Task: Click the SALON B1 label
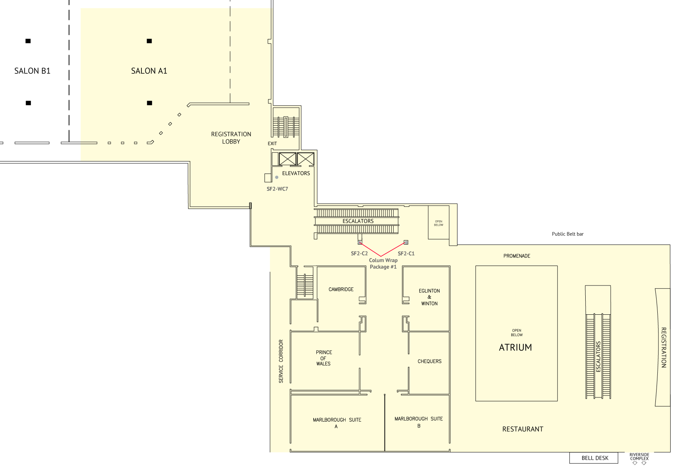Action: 32,71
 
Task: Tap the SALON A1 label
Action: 149,71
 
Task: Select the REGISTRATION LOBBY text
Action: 231,138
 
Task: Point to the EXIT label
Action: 272,144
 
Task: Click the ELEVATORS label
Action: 296,173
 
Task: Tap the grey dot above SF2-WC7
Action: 277,177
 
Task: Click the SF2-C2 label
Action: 359,253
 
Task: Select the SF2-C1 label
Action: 406,253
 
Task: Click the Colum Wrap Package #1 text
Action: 383,264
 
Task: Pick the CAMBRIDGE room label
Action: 341,289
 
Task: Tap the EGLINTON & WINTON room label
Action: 429,297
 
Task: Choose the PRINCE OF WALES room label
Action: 324,358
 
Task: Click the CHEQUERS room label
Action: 429,362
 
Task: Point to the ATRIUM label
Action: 516,347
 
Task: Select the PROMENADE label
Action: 517,256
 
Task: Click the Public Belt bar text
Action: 568,234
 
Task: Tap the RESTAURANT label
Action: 523,429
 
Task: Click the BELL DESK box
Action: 594,458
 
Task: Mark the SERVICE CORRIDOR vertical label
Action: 281,361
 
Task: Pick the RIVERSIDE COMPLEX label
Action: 639,457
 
